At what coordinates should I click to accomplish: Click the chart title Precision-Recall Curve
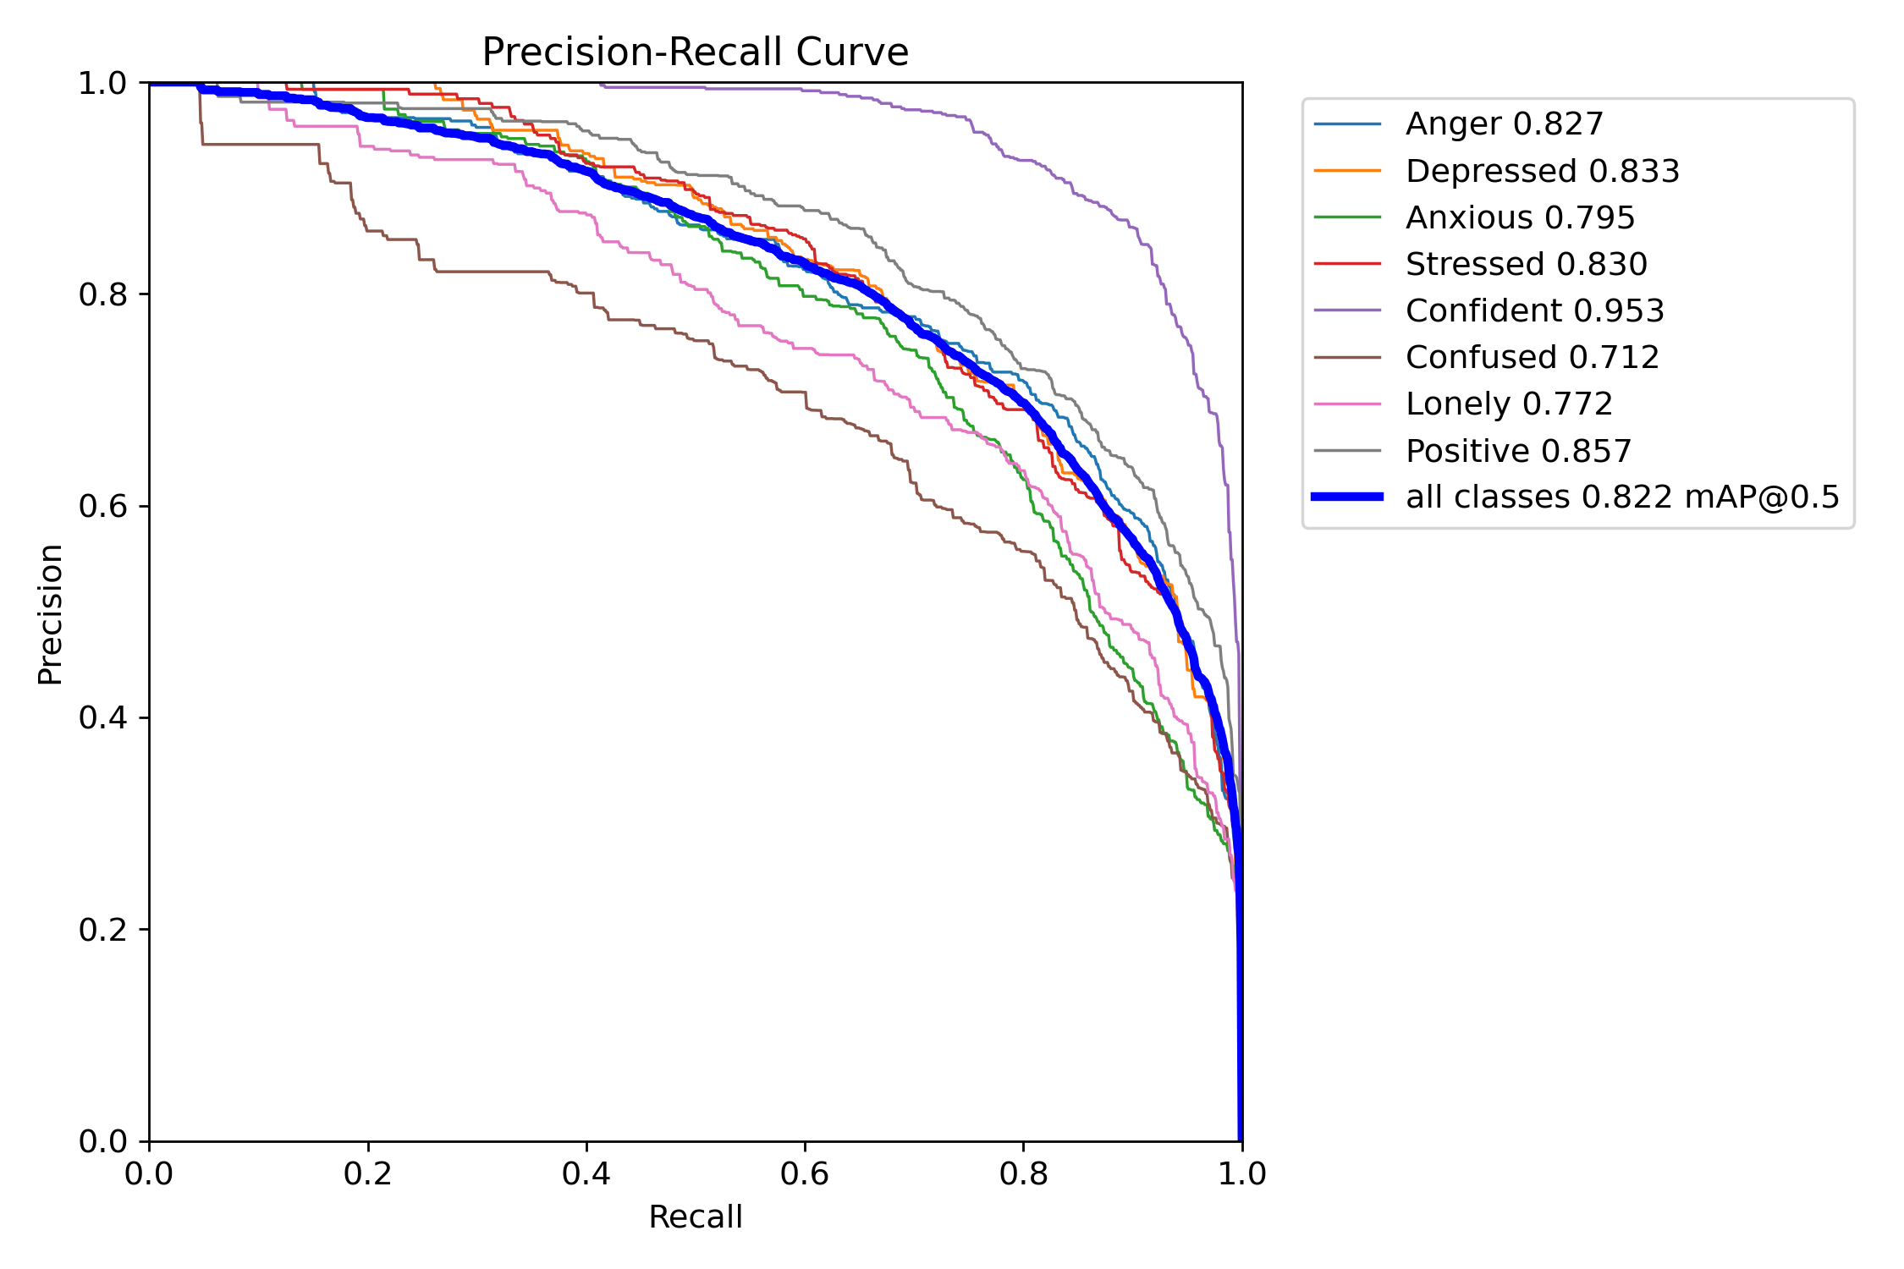(695, 52)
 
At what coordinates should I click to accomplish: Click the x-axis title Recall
(695, 1217)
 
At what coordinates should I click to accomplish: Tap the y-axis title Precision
(50, 614)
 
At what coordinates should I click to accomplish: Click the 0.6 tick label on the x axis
(805, 1173)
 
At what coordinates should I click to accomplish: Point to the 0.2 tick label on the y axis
(102, 930)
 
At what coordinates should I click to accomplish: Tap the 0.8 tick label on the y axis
(102, 294)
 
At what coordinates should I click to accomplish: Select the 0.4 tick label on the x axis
(586, 1173)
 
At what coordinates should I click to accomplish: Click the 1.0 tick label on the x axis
(1241, 1173)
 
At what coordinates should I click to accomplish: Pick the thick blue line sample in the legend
(1347, 497)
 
